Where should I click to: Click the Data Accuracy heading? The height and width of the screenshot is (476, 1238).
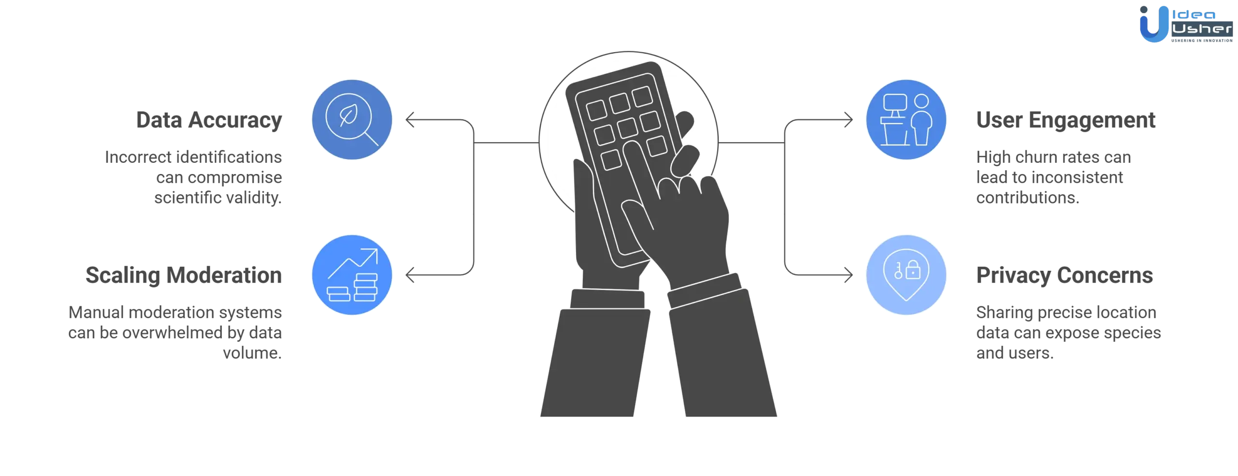(209, 120)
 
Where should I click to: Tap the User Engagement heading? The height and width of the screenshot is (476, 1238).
(1066, 120)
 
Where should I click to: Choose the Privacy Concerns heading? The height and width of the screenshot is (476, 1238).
(1064, 275)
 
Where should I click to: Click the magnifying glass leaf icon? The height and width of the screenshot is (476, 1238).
(352, 119)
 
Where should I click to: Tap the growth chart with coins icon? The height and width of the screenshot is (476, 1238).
(352, 274)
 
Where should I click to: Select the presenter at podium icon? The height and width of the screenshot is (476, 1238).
(906, 119)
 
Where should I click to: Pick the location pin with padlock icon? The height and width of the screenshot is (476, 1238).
(906, 274)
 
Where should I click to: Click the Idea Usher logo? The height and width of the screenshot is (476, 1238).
(1186, 24)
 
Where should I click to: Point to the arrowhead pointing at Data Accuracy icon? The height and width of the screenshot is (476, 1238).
(410, 119)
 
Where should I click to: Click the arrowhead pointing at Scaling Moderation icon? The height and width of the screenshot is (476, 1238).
(410, 274)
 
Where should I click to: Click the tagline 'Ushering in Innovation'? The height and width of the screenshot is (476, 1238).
(1202, 41)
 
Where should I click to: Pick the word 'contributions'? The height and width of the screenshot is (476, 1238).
(1028, 198)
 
